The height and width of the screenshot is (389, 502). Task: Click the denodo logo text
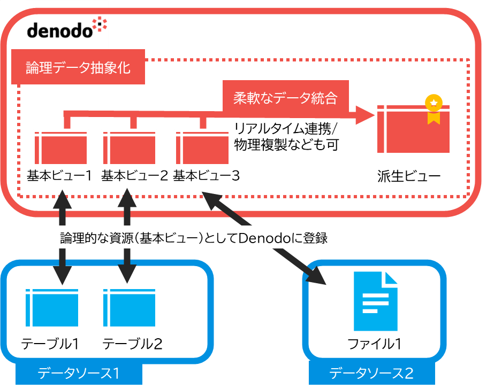[x=60, y=30]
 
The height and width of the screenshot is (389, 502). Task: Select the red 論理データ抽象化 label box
[x=78, y=68]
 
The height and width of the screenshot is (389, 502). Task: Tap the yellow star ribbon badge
[x=433, y=110]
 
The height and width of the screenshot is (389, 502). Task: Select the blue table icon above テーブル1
[x=51, y=308]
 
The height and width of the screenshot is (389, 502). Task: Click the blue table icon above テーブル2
[x=130, y=308]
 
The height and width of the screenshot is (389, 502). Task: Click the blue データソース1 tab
[x=78, y=374]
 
